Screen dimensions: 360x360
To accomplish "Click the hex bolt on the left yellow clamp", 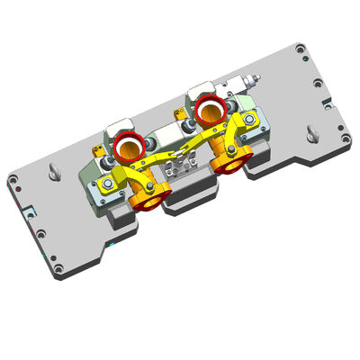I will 107,184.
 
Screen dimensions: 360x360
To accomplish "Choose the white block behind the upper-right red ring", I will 203,91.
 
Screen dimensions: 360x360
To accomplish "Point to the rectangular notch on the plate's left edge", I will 29,212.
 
